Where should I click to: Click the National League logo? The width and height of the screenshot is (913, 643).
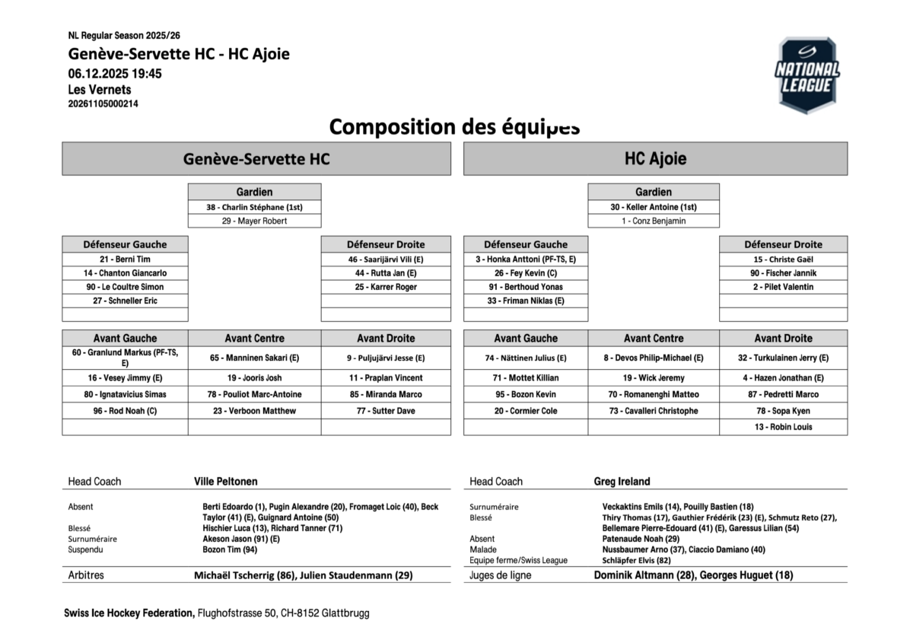pos(807,75)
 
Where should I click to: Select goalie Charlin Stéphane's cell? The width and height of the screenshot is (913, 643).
pos(254,207)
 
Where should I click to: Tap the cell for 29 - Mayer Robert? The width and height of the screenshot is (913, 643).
pos(254,221)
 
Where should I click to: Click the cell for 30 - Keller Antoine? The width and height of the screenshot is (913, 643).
pos(654,207)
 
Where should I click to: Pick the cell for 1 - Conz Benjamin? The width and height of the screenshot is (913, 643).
pos(654,221)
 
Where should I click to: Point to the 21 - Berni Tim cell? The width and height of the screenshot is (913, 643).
pos(125,259)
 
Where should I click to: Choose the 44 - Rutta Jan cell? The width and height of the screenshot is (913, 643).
pos(386,273)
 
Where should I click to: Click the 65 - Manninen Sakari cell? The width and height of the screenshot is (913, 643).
pos(254,358)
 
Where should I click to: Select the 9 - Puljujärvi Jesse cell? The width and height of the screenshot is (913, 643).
pos(386,358)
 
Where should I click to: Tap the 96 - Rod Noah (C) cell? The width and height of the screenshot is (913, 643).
pos(125,411)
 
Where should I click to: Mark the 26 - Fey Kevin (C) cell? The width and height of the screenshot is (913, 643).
pos(526,273)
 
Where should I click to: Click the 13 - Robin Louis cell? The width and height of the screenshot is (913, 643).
pos(783,427)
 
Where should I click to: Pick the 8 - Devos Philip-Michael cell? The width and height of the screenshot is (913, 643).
pos(654,358)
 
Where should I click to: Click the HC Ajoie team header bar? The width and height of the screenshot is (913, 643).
pos(655,159)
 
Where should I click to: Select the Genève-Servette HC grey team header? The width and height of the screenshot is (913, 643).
pos(256,159)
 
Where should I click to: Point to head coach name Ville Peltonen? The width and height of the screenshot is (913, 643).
pos(226,482)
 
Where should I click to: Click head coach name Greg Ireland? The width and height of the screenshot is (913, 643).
pos(622,482)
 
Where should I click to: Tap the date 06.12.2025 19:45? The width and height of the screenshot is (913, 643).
pos(114,74)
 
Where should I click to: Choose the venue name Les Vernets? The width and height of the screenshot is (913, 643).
pos(99,90)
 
